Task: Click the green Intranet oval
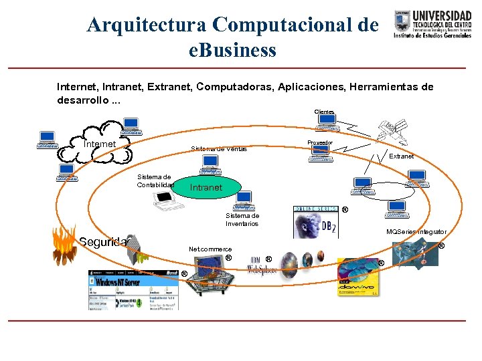tap(206, 187)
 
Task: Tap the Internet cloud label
tap(100, 144)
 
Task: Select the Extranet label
tap(401, 156)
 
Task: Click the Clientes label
tap(324, 112)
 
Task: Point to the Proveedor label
tap(320, 142)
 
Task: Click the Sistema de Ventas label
tap(218, 148)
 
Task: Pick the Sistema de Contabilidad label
tap(155, 180)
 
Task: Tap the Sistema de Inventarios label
tap(242, 219)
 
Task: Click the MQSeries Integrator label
tap(416, 231)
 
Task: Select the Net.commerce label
tap(210, 249)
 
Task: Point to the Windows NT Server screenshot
tap(134, 289)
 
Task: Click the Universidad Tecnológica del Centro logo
tap(432, 24)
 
